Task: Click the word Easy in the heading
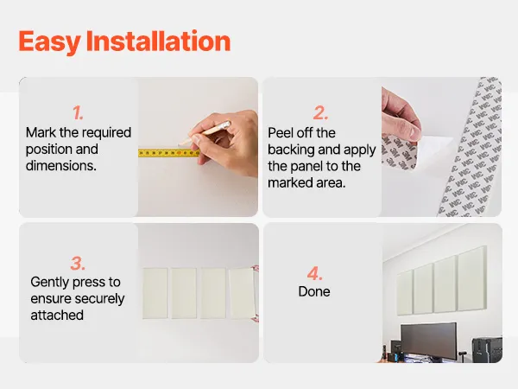tap(49, 42)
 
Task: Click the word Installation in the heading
tap(158, 41)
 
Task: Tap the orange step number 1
tap(78, 113)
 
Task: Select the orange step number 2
tap(320, 113)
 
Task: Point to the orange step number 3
tap(78, 264)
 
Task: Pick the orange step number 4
tap(314, 273)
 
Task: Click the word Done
tap(314, 291)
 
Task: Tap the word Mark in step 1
tap(41, 132)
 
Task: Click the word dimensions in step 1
tap(61, 166)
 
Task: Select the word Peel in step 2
tap(281, 133)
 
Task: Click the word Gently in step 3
tap(49, 283)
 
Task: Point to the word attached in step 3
tap(57, 316)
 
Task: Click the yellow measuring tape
tap(169, 153)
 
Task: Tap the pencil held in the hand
tap(204, 133)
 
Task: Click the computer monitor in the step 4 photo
tap(429, 341)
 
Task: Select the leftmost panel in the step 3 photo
tap(155, 293)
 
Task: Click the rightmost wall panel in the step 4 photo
tap(472, 278)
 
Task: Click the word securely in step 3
tap(101, 299)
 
